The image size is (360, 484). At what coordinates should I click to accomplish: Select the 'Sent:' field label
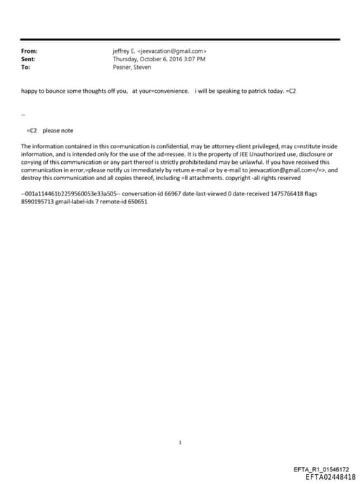tap(29, 59)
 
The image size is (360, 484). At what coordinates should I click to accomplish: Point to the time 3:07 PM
tap(192, 59)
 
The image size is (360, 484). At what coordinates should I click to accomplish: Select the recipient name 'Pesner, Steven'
tap(132, 67)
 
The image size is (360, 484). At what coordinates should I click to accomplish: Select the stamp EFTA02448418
tap(326, 476)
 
